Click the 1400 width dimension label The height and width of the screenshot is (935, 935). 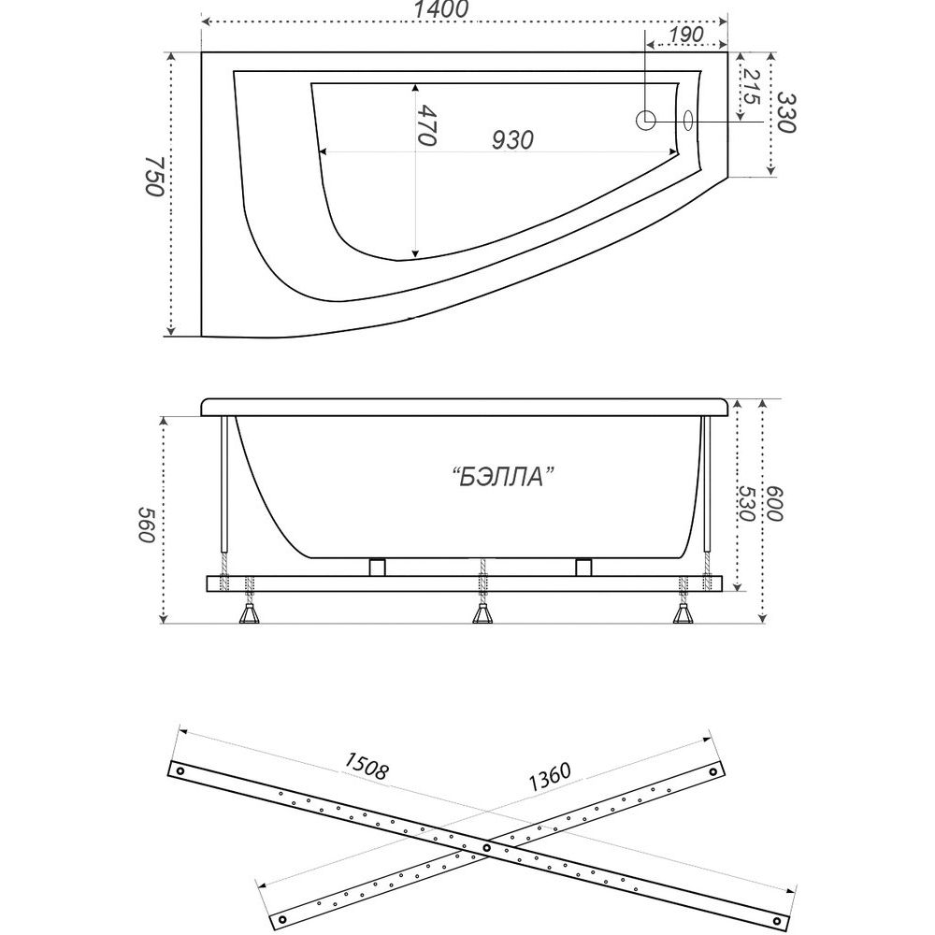click(443, 9)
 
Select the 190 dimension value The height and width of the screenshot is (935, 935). click(685, 35)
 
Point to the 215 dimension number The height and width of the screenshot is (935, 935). click(751, 87)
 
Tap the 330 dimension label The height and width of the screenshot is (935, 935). click(786, 113)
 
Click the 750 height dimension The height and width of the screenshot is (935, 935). click(154, 177)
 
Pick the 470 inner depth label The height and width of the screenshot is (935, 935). click(427, 125)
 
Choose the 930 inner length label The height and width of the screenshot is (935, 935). click(512, 140)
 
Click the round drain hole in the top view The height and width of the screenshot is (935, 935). click(646, 121)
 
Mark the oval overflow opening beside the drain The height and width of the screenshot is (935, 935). click(688, 121)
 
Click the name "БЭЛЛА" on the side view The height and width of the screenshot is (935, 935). click(502, 477)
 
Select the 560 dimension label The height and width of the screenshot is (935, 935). click(147, 525)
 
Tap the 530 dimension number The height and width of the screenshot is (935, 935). click(746, 504)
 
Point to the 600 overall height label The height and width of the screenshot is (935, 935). click(773, 504)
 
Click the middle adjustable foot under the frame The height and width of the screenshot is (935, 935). click(482, 613)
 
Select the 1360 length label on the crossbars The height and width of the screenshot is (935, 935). click(549, 776)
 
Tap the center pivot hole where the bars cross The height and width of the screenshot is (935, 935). click(486, 847)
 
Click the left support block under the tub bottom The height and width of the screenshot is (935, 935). click(378, 567)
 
